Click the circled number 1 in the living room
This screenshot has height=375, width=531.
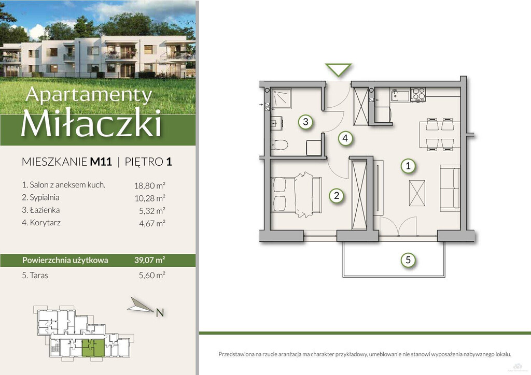tap(408, 166)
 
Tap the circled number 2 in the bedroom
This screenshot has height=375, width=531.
tap(336, 195)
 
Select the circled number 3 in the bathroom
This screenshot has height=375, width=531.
tap(305, 122)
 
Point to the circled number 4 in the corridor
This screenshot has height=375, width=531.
tap(345, 138)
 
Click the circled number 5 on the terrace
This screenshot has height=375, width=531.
tap(408, 260)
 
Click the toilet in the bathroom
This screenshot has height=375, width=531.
tap(279, 145)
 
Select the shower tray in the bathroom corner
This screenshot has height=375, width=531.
tap(281, 98)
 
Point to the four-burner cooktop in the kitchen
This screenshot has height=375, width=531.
tap(418, 94)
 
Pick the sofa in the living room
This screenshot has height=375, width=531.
tap(450, 188)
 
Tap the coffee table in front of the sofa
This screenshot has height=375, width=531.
tap(417, 193)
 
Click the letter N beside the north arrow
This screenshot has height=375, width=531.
tap(160, 313)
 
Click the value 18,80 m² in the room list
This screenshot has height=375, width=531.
tap(150, 185)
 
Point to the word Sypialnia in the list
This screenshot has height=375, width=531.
tap(45, 197)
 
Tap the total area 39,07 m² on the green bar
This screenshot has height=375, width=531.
tap(150, 260)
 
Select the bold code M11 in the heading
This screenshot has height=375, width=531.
tap(101, 162)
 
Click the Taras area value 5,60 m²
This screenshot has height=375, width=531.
tap(152, 275)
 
